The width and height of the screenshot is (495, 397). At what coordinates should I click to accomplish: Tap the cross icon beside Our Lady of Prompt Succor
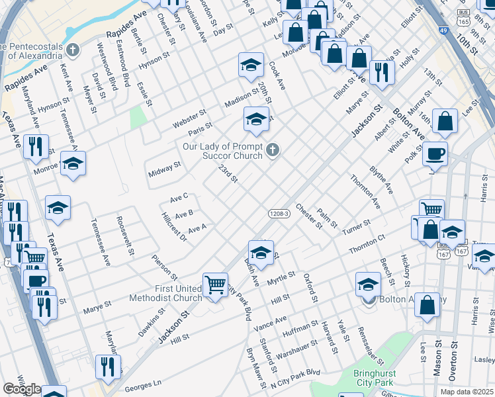tap(271, 151)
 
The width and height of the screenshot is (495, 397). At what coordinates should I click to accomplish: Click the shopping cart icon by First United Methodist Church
tap(215, 286)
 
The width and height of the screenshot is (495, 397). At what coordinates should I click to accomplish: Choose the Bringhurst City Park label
tap(364, 377)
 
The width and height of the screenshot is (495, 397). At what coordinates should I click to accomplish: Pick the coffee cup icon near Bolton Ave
tap(435, 154)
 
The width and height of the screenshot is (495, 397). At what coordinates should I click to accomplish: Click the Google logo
tap(21, 389)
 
